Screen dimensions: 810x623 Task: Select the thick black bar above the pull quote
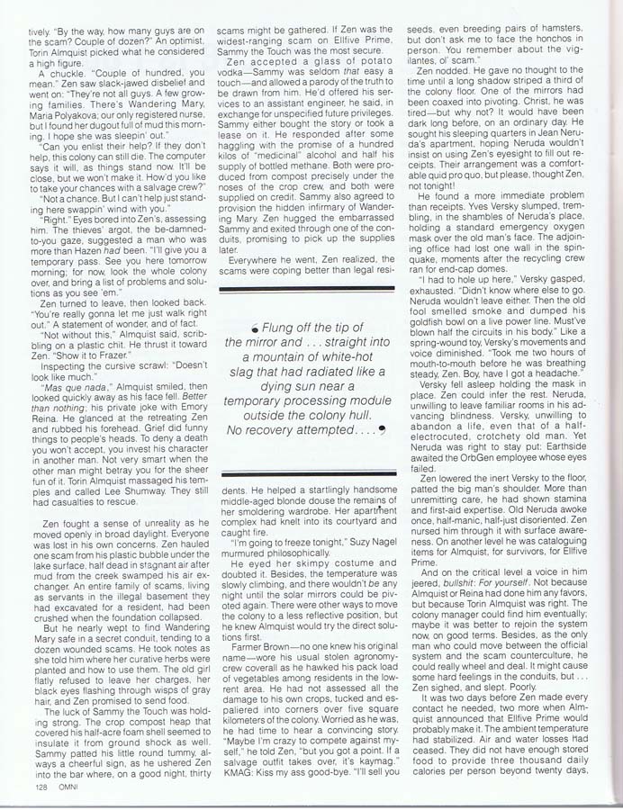coord(307,288)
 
